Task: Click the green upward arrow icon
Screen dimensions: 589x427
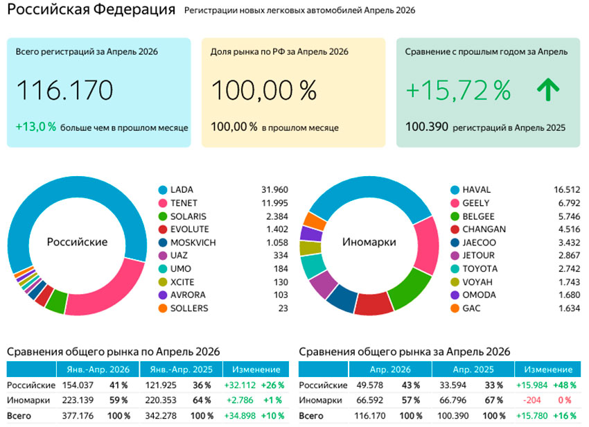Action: pos(548,89)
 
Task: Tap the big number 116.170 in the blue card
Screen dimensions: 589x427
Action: pos(64,90)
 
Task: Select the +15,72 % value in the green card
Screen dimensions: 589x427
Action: pos(458,90)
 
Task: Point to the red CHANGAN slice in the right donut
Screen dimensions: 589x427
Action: pos(373,304)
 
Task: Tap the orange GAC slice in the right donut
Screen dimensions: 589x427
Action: pos(315,221)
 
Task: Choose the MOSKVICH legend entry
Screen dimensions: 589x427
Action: pos(187,243)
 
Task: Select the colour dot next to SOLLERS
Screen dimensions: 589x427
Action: pos(163,308)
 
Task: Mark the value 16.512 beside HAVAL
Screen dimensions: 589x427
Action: pos(567,190)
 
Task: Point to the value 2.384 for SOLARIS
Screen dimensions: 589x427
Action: pos(277,216)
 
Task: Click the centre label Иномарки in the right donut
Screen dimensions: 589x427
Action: pos(369,242)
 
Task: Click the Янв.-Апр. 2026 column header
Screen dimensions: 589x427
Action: pos(98,369)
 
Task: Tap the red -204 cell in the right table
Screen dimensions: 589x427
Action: pos(531,401)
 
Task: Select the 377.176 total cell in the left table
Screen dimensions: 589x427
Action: pos(78,416)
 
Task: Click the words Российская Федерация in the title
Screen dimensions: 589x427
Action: pos(91,9)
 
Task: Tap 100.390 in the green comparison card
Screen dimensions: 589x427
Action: pos(427,127)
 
